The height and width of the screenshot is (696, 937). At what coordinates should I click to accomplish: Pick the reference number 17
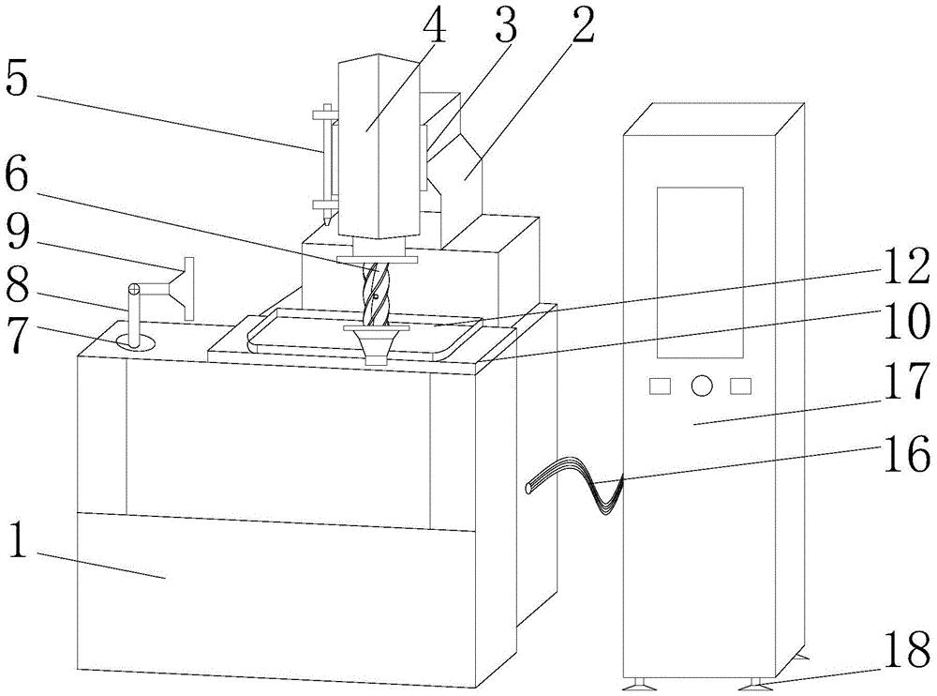pos(906,383)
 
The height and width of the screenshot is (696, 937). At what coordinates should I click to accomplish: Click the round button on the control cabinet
pos(702,386)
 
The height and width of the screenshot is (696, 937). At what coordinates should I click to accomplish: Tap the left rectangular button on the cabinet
pos(660,386)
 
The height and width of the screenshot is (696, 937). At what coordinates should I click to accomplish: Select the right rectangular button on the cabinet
pos(740,386)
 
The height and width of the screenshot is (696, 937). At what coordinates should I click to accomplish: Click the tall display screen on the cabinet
pos(700,273)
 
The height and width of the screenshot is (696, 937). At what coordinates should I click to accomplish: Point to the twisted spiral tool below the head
pos(375,295)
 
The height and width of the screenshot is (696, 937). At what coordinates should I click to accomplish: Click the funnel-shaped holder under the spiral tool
pos(377,345)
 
